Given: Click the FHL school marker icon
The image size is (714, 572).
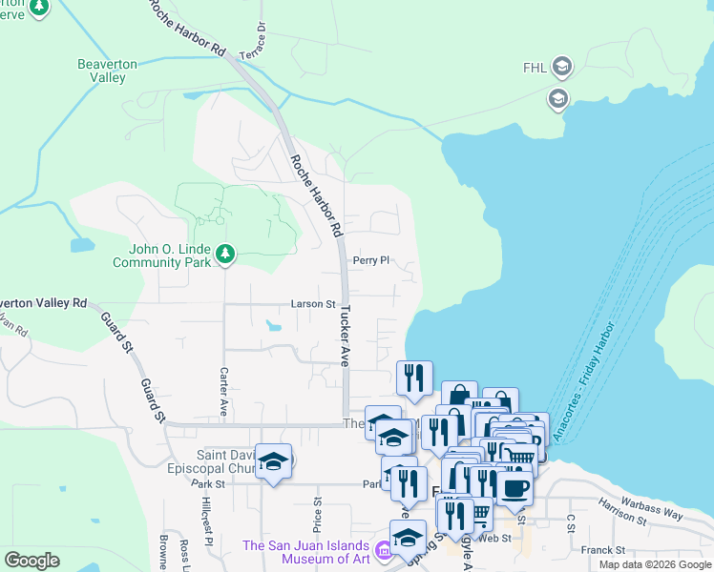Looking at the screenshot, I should click(562, 67).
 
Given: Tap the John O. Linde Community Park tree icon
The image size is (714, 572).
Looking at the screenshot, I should click(225, 254).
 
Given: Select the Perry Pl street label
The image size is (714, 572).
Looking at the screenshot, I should click(371, 259).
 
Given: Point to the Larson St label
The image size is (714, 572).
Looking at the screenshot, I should click(314, 304).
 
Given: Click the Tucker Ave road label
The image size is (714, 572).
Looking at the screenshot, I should click(345, 337).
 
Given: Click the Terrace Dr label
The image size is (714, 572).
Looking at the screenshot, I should click(253, 42).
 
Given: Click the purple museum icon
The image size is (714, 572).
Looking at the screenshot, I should click(382, 549).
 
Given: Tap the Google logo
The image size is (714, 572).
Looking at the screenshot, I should click(31, 561).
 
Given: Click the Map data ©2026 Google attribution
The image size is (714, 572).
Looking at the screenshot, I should click(654, 564).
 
